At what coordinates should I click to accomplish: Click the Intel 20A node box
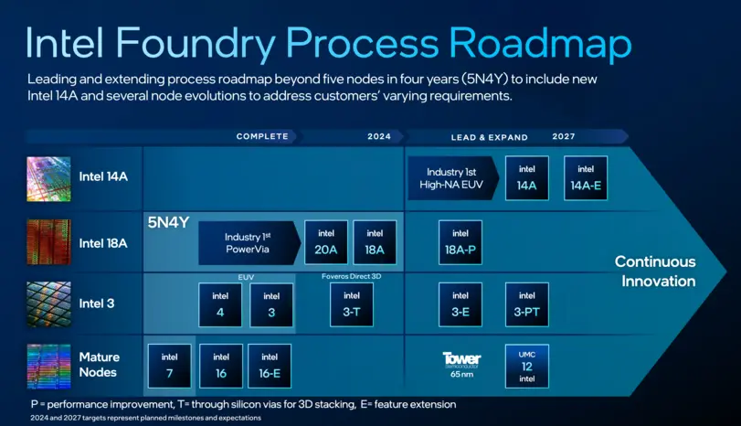click(326, 242)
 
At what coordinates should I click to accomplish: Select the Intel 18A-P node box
click(460, 242)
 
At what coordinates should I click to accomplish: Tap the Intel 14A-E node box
click(586, 178)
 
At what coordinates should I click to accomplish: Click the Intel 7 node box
click(169, 366)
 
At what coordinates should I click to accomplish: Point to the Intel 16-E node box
click(270, 366)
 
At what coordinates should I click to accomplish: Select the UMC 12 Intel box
click(527, 366)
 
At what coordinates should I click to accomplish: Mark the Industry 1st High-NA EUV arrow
click(452, 178)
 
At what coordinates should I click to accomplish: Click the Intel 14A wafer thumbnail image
click(48, 178)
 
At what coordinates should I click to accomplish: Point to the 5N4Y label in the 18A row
click(168, 222)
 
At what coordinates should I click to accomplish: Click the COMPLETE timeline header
click(262, 137)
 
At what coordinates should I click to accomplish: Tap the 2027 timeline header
click(564, 136)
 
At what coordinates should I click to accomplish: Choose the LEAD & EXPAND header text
click(490, 137)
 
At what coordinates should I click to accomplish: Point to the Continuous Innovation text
click(655, 272)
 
